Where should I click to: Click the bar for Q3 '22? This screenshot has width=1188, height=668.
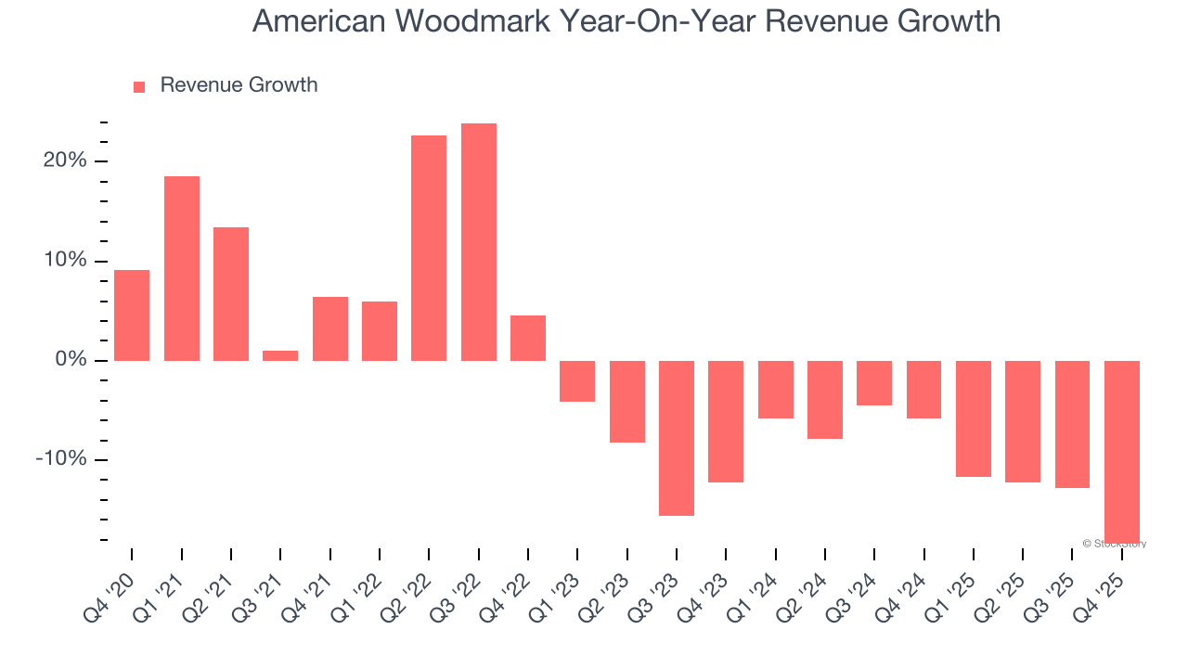(x=478, y=242)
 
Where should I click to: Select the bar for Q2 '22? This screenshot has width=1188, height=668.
(x=429, y=248)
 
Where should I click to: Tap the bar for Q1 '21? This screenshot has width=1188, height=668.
(x=182, y=268)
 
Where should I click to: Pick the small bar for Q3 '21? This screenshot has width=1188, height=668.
(x=280, y=355)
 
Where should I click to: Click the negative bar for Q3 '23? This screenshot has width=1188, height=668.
(x=677, y=438)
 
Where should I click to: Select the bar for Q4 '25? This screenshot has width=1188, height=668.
(x=1121, y=451)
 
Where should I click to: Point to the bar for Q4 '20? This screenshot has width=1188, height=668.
(x=132, y=315)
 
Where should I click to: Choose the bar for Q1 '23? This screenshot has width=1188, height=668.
(x=577, y=381)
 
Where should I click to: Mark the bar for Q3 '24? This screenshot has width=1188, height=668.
(x=874, y=383)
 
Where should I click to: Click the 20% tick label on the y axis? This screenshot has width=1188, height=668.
(x=64, y=161)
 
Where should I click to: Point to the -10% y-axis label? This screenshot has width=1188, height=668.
(x=61, y=460)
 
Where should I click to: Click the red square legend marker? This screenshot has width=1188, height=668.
(x=139, y=87)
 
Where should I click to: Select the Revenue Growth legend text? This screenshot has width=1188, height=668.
(x=239, y=85)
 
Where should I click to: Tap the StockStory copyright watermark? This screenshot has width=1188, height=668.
(x=1115, y=544)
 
